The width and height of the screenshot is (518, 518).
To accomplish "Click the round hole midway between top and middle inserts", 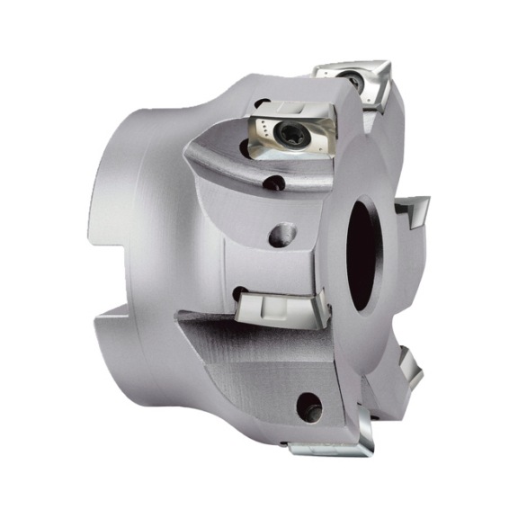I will (x=281, y=234).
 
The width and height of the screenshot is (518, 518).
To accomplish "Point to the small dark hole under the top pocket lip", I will (x=275, y=184).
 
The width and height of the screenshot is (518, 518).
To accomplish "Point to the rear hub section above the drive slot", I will (x=157, y=180).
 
